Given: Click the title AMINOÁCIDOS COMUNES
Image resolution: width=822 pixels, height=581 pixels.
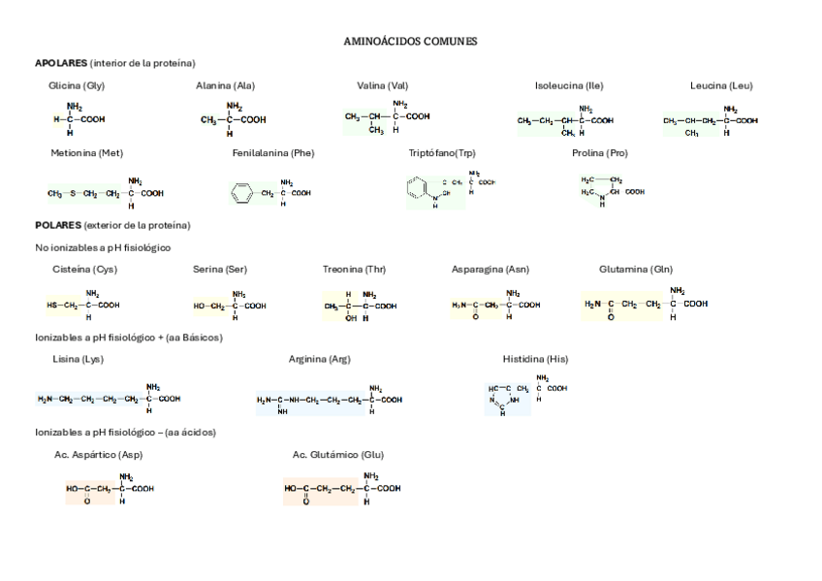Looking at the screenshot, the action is (x=410, y=42).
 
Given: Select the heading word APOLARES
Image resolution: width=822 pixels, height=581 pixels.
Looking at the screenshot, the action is (x=60, y=63).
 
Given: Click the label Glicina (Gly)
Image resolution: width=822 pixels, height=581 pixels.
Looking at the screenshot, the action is (x=77, y=85).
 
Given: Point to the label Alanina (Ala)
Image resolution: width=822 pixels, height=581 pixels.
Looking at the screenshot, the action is (x=225, y=85).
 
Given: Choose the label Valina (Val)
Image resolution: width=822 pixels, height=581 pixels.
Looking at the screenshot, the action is (x=382, y=85).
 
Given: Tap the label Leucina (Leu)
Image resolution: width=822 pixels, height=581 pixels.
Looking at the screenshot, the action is (x=721, y=85).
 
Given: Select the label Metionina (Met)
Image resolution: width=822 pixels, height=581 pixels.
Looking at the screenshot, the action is (x=86, y=153).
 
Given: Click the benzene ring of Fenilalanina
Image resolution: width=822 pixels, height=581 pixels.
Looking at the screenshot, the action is (x=241, y=193).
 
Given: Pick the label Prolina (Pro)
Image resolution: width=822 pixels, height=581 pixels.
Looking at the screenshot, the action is (x=599, y=153).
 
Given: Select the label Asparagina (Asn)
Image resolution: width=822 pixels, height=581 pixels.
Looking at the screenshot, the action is (x=490, y=269).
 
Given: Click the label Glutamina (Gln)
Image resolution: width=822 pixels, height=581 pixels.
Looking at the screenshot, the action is (x=636, y=269).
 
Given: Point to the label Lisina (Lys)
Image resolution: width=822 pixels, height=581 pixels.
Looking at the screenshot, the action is (x=78, y=359).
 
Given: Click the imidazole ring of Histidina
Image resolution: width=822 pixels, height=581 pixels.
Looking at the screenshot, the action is (x=504, y=399).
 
